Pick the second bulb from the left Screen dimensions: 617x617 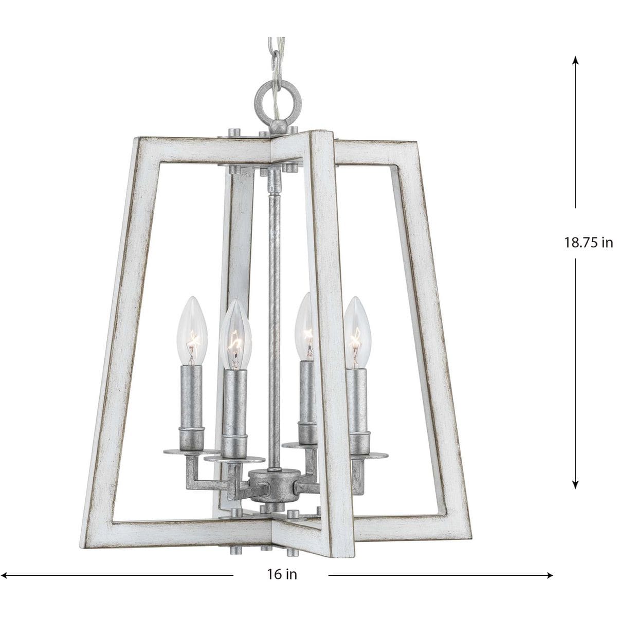coord(235,336)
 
